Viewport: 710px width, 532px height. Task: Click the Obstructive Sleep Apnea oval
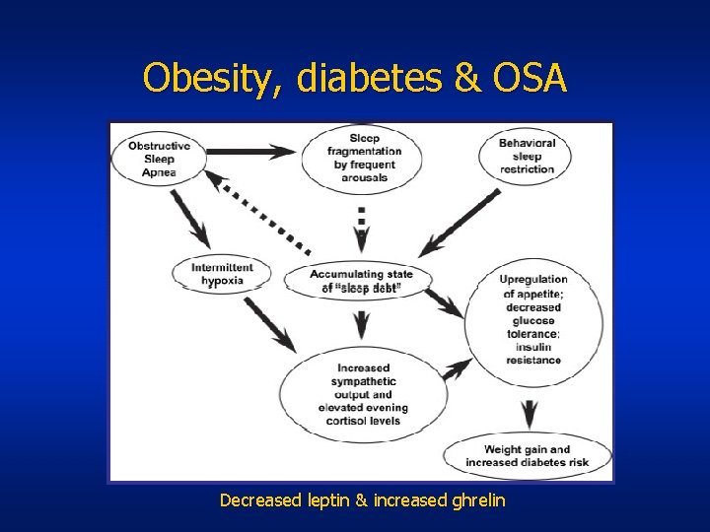(160, 158)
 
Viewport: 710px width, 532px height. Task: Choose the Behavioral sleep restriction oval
(527, 156)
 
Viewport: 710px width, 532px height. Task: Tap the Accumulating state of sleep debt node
(361, 281)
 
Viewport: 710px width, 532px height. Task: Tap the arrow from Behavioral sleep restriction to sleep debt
(460, 225)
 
